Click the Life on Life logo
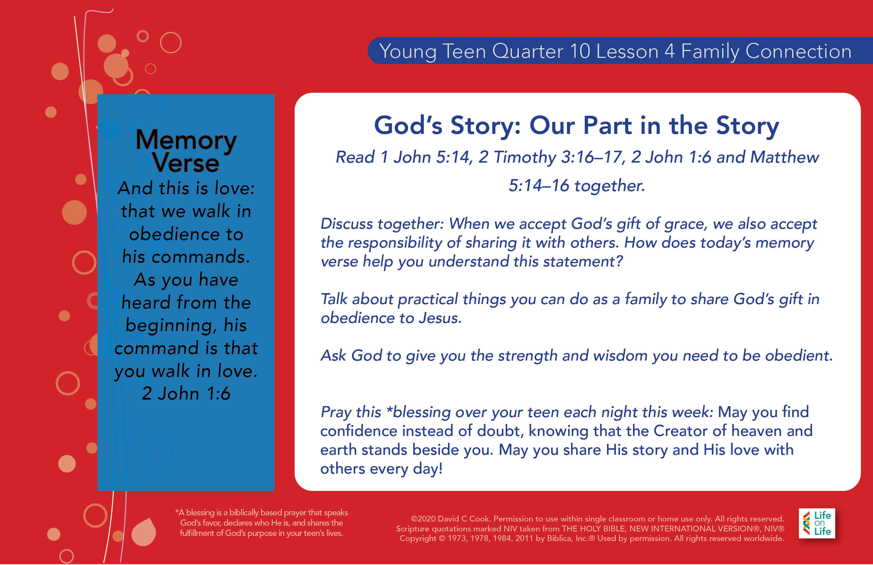point(817,523)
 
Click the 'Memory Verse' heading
point(186,151)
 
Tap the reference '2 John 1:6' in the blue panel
point(186,394)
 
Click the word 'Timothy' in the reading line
point(525,158)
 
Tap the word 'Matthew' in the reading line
point(785,157)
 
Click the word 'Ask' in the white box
point(333,355)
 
